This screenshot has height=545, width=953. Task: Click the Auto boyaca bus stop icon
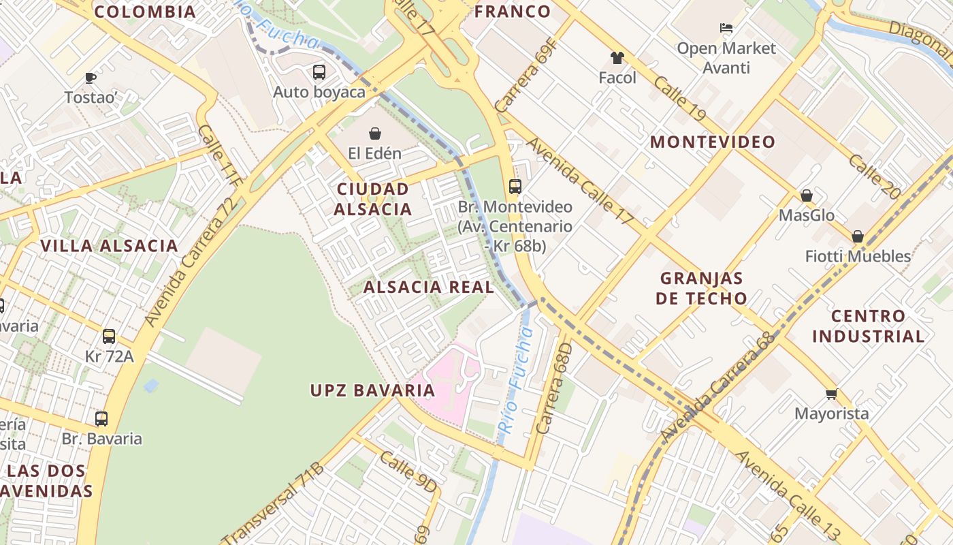[319, 72]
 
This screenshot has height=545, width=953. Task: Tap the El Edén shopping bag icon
[374, 133]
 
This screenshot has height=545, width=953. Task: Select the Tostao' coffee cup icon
[90, 78]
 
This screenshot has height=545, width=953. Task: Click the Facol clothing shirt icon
[617, 58]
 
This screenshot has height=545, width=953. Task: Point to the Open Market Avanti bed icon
[726, 28]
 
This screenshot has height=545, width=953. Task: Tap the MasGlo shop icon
[807, 196]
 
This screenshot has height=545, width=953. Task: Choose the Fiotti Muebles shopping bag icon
[858, 236]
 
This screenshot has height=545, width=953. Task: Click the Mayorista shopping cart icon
[831, 394]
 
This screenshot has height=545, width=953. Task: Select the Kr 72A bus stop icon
[109, 336]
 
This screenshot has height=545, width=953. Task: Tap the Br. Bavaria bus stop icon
[101, 419]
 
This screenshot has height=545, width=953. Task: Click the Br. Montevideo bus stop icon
[515, 187]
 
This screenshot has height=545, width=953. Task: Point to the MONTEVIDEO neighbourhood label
[712, 142]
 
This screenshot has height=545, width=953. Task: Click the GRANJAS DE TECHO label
[702, 287]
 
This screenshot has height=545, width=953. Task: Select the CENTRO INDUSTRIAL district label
[868, 326]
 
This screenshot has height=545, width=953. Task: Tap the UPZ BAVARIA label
[372, 390]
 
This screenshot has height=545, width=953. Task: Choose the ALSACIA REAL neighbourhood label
[429, 287]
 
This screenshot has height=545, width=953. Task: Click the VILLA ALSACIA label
[109, 245]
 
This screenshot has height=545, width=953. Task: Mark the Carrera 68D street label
[553, 388]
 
